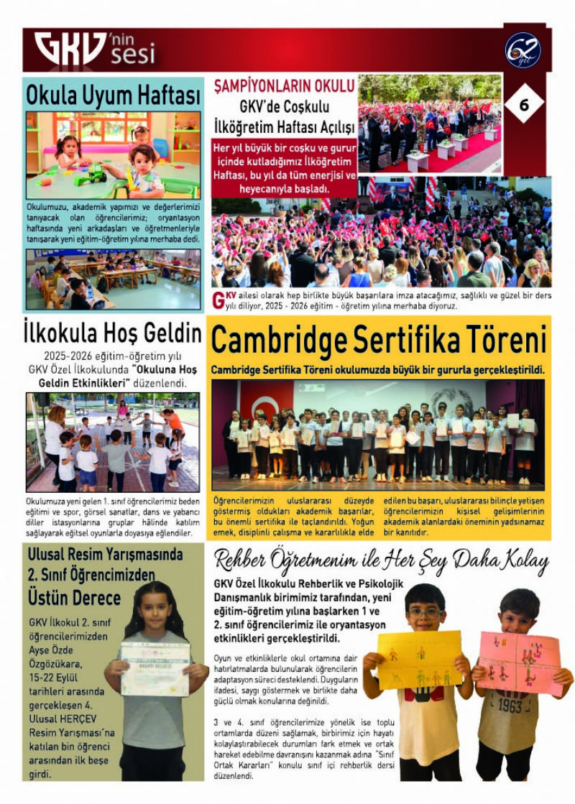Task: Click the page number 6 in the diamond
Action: [x=523, y=105]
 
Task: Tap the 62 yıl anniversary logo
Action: [x=523, y=51]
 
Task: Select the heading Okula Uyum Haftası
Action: [x=113, y=94]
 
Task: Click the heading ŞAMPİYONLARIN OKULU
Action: [x=285, y=86]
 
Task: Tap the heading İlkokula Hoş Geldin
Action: [x=113, y=333]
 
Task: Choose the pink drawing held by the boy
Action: [x=519, y=663]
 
